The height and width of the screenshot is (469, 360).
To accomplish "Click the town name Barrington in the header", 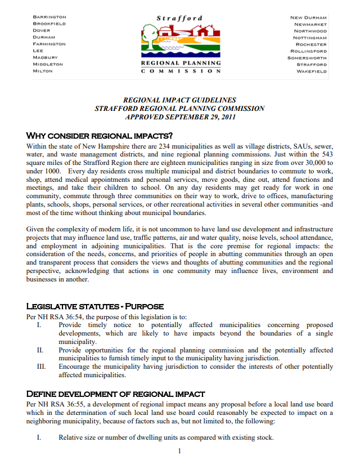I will pos(49,17).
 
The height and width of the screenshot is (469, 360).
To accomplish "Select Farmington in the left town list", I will pos(49,44).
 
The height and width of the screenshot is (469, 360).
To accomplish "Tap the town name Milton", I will pos(43,71).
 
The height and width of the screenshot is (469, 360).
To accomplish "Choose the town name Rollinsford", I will pos(307,51).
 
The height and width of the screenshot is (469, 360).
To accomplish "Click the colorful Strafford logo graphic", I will pos(180,42).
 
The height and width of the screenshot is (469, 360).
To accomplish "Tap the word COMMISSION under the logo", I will pos(180,72).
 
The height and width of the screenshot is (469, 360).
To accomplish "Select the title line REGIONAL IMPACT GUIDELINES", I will pos(179,100).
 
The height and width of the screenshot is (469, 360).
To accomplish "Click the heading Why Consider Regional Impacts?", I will pos(99,136).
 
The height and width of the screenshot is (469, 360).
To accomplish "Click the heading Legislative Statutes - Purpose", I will pos(95,306).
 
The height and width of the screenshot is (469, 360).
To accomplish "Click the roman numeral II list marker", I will pos(40,350).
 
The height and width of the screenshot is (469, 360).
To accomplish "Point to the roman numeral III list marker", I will pos(40,367).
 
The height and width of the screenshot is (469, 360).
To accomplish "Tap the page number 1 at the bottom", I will pos(179,451).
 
